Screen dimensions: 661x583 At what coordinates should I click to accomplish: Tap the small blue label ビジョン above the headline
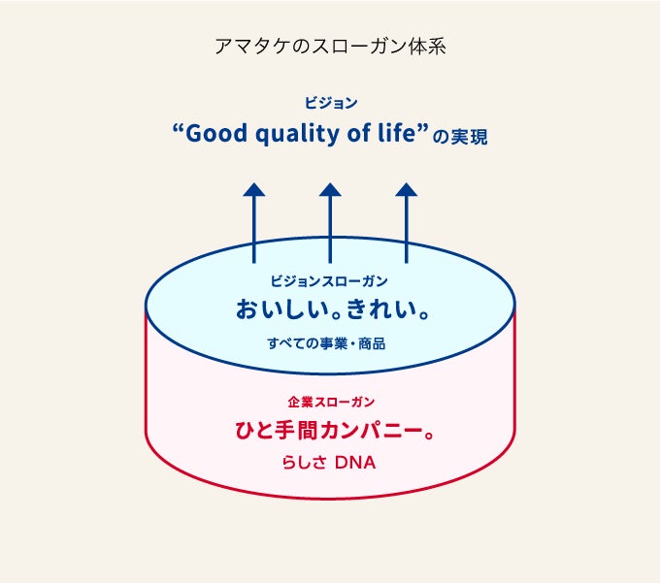(x=330, y=102)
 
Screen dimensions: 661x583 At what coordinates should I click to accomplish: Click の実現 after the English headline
(x=460, y=137)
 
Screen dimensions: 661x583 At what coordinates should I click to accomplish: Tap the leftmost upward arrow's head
(x=254, y=190)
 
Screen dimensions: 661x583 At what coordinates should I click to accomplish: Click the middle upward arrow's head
(x=330, y=190)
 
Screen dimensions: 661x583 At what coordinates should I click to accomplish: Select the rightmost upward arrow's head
(x=407, y=190)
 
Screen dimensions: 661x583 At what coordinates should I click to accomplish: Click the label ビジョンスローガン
(x=330, y=281)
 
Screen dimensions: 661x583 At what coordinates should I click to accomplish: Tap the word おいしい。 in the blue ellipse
(x=282, y=310)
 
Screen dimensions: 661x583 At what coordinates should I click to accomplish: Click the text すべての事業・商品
(x=330, y=343)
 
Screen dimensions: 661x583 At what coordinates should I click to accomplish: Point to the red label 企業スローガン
(x=330, y=401)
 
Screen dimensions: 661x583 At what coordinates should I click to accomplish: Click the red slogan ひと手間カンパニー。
(x=330, y=430)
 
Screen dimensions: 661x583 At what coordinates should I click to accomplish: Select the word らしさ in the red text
(x=303, y=463)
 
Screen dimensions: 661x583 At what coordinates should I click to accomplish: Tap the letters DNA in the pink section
(x=355, y=463)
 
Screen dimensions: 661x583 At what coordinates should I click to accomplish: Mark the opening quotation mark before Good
(x=177, y=127)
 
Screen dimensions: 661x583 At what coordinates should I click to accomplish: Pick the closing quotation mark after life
(x=423, y=127)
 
